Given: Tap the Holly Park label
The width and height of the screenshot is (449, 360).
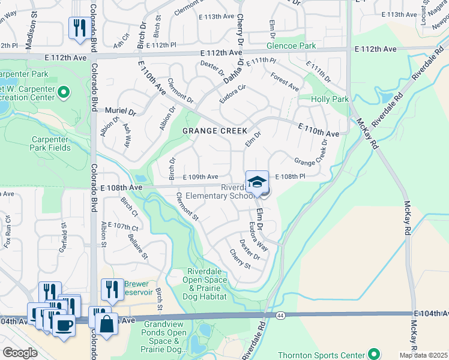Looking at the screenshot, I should click(x=330, y=98).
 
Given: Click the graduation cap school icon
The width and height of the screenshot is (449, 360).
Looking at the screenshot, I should click(x=257, y=182).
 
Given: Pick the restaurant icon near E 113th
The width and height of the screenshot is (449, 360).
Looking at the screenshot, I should click(x=79, y=27).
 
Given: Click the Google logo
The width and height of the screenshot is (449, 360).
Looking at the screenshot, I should click(x=20, y=353).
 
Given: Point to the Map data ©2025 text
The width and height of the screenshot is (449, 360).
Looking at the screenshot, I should click(x=424, y=355).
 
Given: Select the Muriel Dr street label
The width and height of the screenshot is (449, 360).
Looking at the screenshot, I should click(x=121, y=112).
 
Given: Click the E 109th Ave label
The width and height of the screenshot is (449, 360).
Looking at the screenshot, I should click(x=200, y=177).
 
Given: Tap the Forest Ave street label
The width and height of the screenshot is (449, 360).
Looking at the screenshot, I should click(x=285, y=82).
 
